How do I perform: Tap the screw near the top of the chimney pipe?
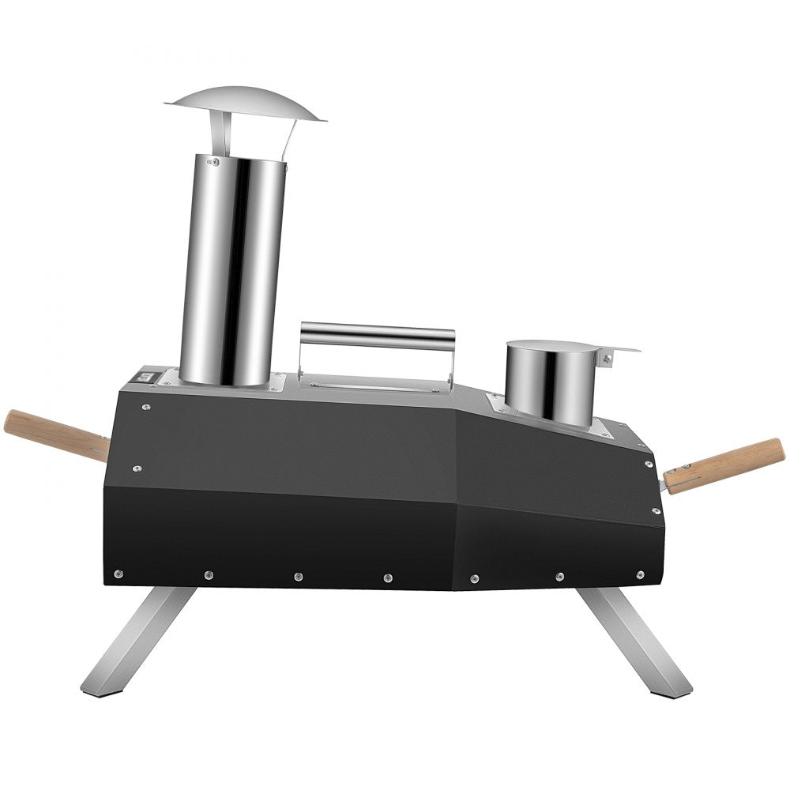(212, 162)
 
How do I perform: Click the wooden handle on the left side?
(55, 435)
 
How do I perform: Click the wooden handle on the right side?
(727, 466)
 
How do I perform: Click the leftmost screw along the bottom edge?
(118, 574)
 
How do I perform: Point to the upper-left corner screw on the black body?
(146, 408)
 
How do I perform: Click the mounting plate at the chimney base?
(273, 383)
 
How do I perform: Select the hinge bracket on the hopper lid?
(607, 358)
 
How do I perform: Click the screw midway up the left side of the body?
(137, 468)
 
